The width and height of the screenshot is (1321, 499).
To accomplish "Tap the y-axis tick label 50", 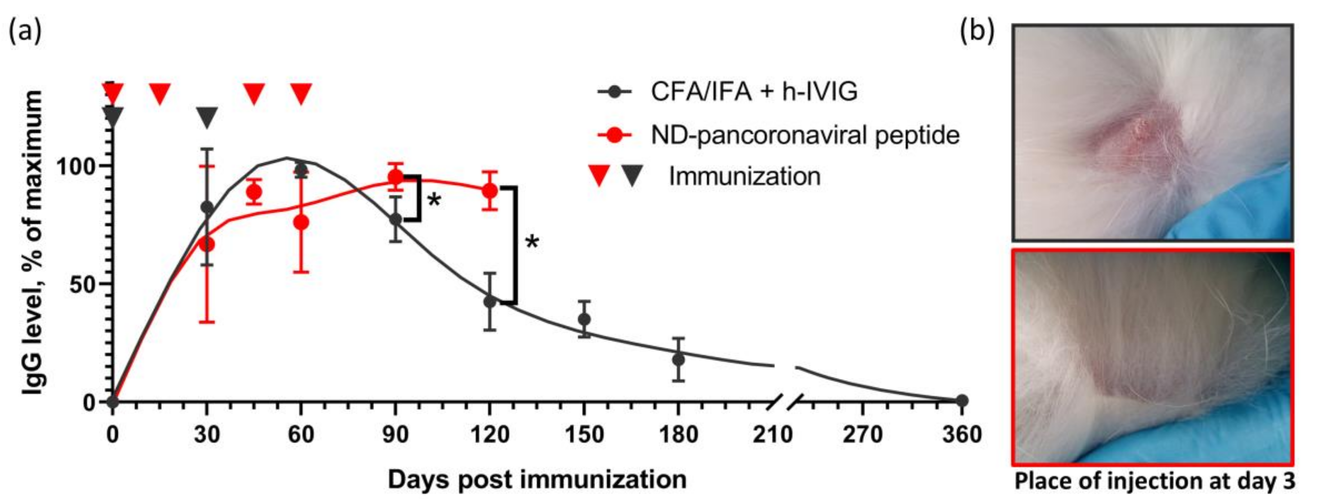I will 82,284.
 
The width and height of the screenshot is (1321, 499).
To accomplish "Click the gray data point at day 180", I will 679,360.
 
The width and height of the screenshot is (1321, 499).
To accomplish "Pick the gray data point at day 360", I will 962,401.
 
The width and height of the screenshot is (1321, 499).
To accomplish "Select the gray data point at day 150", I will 584,319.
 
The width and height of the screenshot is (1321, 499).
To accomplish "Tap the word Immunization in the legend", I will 744,177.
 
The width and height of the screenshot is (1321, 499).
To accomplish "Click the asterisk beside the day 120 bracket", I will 532,242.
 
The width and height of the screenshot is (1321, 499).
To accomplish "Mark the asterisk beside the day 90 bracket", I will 434,200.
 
